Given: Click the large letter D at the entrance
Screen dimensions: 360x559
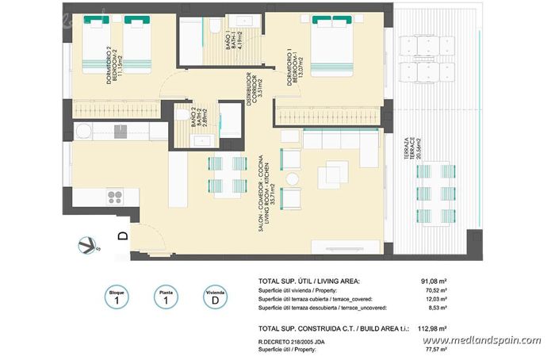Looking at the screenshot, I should [123, 236].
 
